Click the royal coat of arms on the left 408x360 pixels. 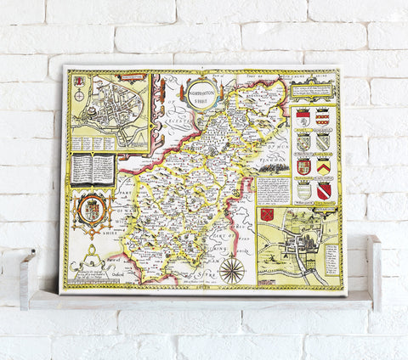(x=93, y=210)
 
